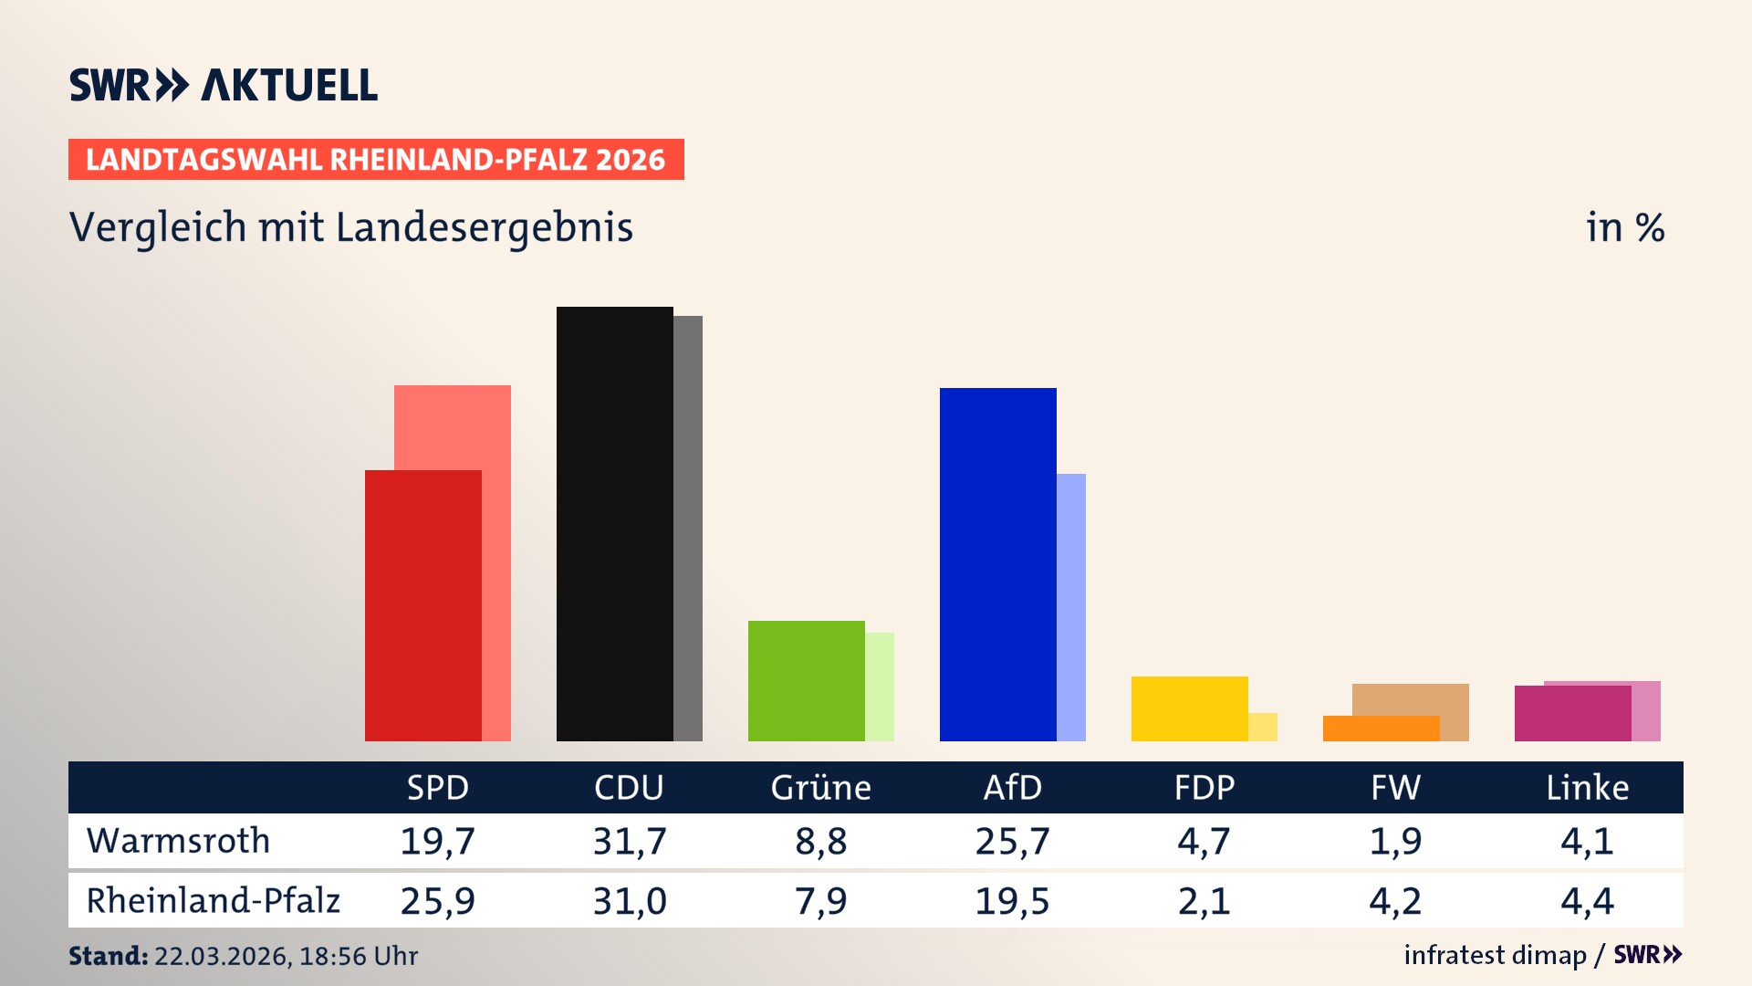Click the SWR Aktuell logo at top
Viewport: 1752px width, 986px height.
pos(223,85)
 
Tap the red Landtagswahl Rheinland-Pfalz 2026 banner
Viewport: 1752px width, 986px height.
pos(375,160)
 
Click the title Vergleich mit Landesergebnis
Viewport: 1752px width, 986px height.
pos(350,227)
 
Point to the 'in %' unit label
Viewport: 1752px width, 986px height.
pos(1624,228)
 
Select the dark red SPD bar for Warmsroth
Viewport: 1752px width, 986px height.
pos(422,604)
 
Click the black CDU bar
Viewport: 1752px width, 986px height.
pos(614,523)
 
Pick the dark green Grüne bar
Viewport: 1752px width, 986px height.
pos(806,680)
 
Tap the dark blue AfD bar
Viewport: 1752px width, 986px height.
pos(997,563)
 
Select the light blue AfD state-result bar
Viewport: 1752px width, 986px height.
pos(1071,606)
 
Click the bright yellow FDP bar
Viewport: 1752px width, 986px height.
pos(1189,708)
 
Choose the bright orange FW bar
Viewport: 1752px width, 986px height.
pos(1381,729)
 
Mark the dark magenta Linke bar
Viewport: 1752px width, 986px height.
pos(1572,713)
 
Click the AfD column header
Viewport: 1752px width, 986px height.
pos(1012,787)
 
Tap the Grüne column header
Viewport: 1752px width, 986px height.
pos(820,787)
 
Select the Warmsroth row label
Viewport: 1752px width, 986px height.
pos(178,841)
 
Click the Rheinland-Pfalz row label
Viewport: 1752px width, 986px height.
pos(213,901)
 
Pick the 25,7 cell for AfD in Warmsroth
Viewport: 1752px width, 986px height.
pos(1012,841)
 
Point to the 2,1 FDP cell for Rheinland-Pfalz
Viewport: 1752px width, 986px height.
pos(1204,901)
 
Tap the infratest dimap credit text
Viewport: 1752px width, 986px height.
pos(1495,955)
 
